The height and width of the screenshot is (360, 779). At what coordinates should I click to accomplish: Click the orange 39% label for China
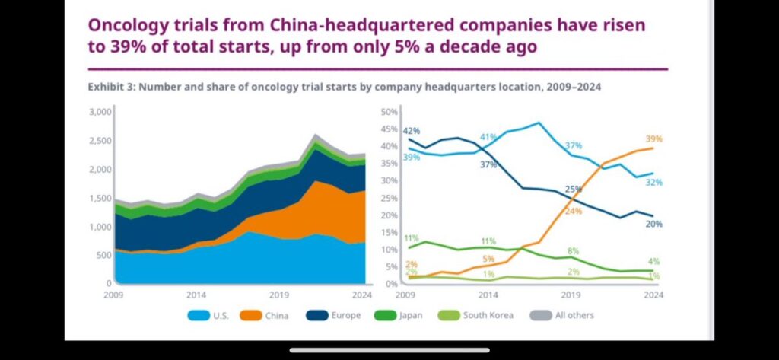[653, 139]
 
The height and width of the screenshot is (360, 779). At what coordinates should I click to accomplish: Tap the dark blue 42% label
[411, 131]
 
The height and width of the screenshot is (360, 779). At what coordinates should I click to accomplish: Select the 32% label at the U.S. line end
[653, 183]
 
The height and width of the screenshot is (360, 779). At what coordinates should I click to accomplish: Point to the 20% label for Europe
[653, 224]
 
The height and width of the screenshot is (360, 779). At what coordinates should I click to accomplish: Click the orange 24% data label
[573, 211]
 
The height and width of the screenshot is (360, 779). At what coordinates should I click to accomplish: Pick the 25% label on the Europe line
[573, 189]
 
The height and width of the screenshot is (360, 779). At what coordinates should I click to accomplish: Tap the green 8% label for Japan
[573, 250]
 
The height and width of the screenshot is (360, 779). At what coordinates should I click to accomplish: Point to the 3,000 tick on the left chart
[101, 112]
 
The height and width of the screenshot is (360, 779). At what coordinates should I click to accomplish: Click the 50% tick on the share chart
[389, 112]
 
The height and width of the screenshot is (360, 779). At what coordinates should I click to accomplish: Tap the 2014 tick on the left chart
[196, 295]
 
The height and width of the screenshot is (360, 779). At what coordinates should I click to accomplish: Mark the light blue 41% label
[488, 137]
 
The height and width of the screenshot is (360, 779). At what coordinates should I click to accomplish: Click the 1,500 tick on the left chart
[101, 198]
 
